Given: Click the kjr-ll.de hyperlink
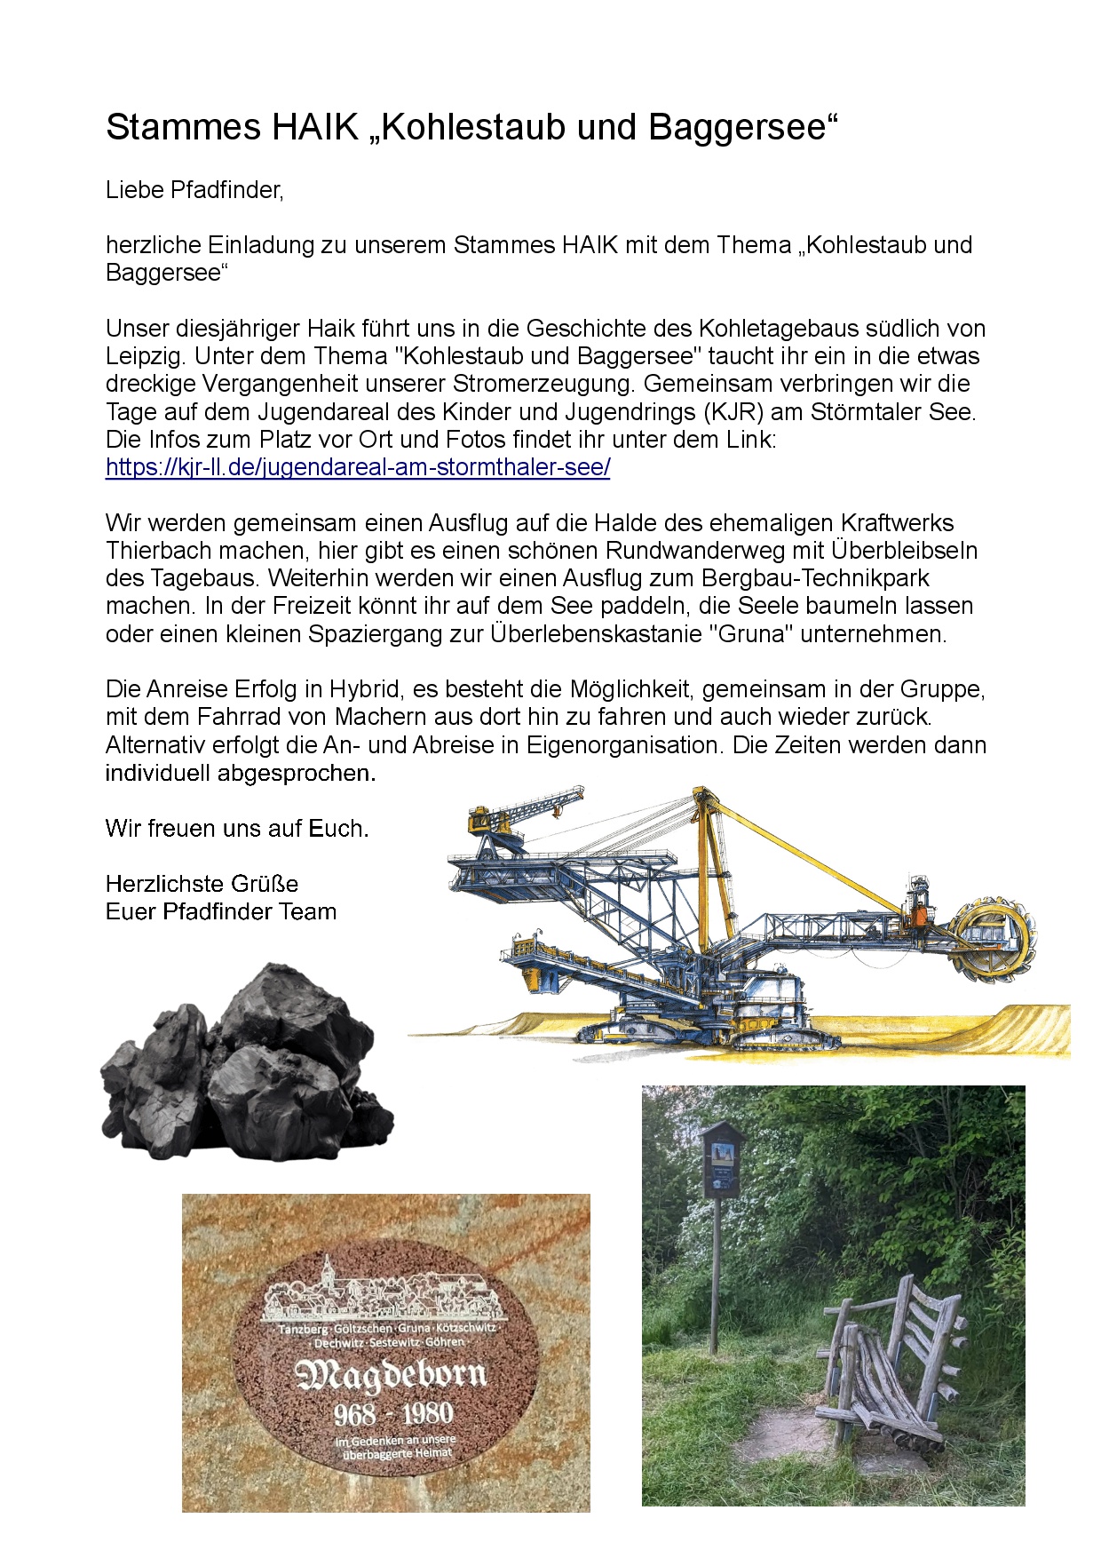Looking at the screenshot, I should point(358,467).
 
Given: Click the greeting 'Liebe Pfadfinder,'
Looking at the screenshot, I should point(194,190).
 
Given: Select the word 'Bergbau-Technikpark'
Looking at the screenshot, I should point(815,578).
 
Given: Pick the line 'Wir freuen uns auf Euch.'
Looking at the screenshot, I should point(237,829).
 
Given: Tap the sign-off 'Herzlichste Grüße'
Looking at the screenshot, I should point(202,884).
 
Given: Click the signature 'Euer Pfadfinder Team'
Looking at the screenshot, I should point(221,911).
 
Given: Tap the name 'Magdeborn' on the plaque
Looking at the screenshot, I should point(391,1376).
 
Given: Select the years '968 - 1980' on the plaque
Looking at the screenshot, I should point(393,1414).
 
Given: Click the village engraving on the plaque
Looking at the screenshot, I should point(387,1292).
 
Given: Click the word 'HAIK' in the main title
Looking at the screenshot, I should point(314,127).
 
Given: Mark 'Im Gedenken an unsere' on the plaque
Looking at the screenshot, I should point(395,1440).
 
